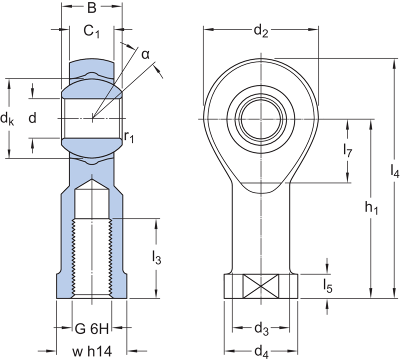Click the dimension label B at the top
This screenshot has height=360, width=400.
[x=91, y=8]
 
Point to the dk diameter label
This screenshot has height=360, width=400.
[x=7, y=118]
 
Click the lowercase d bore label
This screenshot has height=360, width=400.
[x=32, y=118]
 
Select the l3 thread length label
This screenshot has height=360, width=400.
[x=156, y=258]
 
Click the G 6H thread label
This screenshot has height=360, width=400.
[x=91, y=330]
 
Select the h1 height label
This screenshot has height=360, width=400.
[x=370, y=209]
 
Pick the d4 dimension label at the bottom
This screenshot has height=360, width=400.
[x=260, y=350]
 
